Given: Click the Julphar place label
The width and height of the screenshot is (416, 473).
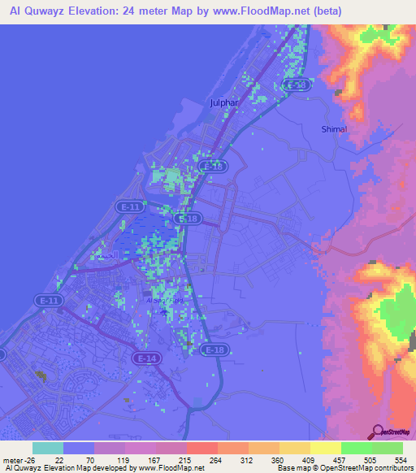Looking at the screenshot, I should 223,103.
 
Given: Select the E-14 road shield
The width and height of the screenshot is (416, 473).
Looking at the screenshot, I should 147,358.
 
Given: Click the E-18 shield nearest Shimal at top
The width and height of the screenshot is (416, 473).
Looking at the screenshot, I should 298,85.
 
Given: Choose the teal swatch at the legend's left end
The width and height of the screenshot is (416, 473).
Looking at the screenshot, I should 48,448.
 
